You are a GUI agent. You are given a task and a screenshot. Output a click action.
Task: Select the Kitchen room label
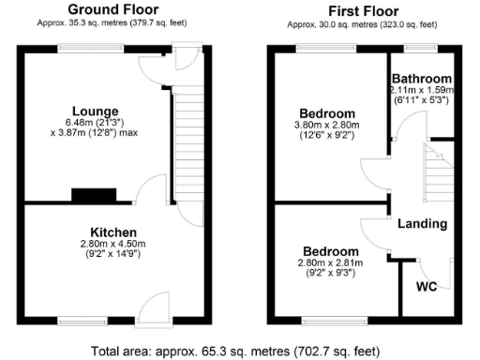click(x=113, y=232)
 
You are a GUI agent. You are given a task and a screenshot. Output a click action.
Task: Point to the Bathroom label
click(x=422, y=79)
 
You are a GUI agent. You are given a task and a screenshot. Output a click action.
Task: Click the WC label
click(x=426, y=285)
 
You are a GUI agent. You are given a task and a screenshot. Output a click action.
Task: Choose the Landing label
click(x=422, y=224)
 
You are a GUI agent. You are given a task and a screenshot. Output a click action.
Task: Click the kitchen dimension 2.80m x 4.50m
click(x=113, y=245)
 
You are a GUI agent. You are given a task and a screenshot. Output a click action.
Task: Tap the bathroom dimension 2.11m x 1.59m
click(x=422, y=90)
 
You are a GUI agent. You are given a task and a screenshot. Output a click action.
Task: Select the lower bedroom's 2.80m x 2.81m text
click(x=330, y=263)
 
